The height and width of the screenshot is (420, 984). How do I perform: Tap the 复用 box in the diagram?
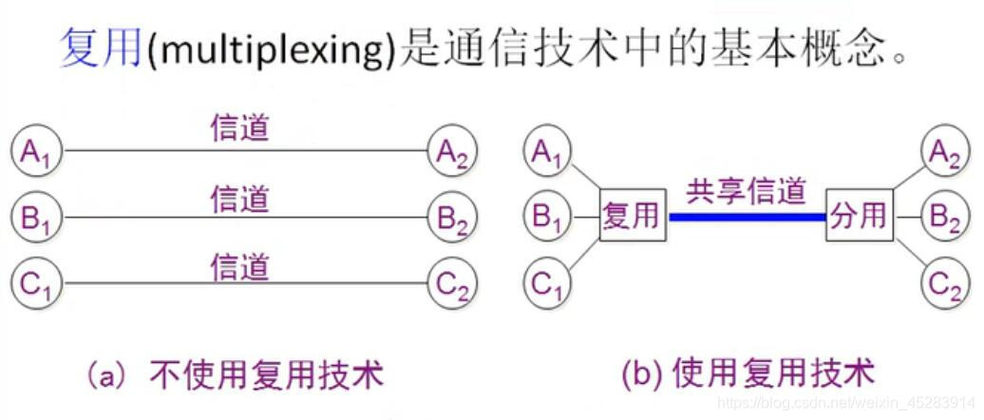(632, 216)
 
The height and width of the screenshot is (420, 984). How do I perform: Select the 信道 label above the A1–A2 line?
(239, 128)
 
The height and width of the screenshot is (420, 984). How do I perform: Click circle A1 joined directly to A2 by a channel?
(36, 152)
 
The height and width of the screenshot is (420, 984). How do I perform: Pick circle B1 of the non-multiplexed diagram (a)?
(36, 219)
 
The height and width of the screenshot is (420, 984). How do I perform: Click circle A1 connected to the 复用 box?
(548, 152)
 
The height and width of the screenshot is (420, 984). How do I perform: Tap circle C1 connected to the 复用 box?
(548, 283)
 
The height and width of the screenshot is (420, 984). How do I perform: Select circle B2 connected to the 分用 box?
(945, 218)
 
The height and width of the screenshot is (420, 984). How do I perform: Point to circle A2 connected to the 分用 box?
(945, 152)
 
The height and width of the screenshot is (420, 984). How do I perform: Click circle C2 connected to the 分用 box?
(945, 283)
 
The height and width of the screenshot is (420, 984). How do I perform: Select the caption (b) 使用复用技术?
(747, 373)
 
